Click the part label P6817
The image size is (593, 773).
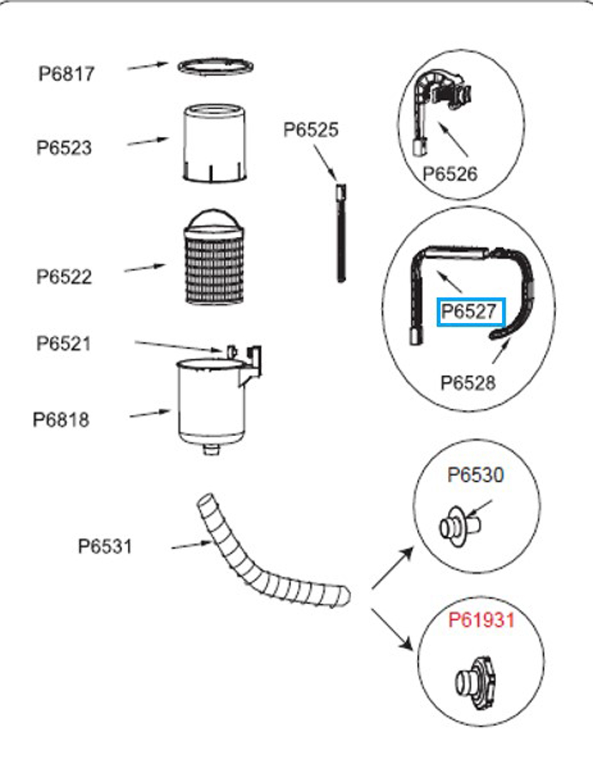click(x=67, y=74)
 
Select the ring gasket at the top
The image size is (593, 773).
click(x=215, y=67)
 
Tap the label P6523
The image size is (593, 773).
click(x=64, y=148)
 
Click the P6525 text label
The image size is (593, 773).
click(x=311, y=129)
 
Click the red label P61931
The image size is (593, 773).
click(x=482, y=620)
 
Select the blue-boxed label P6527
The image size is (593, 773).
click(x=470, y=312)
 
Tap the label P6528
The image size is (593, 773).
click(x=468, y=383)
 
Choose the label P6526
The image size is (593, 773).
click(x=450, y=174)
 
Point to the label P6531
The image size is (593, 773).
click(x=105, y=546)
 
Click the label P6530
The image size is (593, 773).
click(x=475, y=475)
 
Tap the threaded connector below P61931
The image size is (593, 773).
click(x=475, y=682)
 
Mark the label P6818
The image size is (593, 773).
click(x=61, y=419)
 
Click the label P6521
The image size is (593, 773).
click(x=64, y=344)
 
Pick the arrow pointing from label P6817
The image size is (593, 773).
click(x=147, y=66)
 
